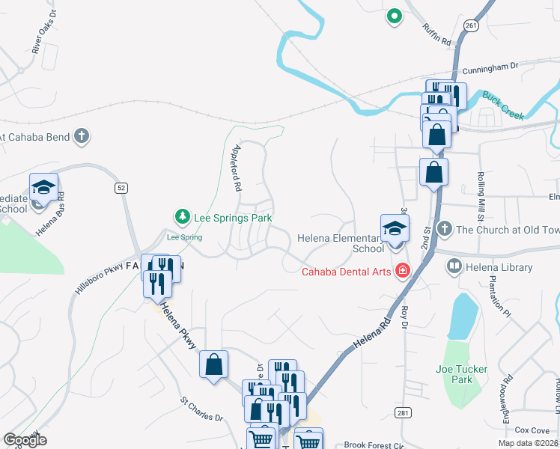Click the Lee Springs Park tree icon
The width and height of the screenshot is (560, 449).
tap(181, 217)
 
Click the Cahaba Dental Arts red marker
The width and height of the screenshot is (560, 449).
tap(403, 271)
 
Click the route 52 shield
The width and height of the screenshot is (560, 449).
tap(121, 188)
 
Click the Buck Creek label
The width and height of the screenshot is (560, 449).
tap(502, 105)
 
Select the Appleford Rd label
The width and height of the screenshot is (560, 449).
tap(239, 166)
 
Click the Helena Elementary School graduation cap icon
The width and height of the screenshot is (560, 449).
tap(395, 229)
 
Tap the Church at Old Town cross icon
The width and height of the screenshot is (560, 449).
tap(444, 228)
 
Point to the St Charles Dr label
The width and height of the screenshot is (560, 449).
tap(201, 409)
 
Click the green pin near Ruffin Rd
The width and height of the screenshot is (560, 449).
tap(394, 15)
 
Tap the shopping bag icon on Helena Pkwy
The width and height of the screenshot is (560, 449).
tap(214, 365)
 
